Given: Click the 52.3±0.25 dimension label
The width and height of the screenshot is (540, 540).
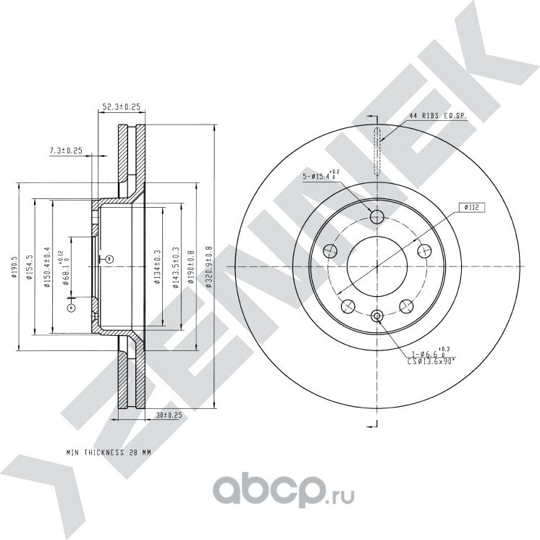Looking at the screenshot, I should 121,107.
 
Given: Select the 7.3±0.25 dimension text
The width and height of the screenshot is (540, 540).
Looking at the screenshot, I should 66,151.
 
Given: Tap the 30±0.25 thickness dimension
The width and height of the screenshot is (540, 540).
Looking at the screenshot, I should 168,415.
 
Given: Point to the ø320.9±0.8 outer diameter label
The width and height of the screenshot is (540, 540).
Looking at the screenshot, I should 210,267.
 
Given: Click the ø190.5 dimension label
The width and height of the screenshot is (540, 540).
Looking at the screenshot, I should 13,266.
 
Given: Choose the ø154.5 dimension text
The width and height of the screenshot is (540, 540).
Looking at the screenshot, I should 30,266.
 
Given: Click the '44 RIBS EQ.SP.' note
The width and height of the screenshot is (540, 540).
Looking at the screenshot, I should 438,116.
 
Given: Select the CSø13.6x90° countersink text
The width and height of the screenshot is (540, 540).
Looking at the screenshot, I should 430,359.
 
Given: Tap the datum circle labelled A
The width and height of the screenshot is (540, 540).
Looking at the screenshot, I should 71,308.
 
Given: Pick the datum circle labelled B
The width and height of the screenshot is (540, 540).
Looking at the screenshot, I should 109,258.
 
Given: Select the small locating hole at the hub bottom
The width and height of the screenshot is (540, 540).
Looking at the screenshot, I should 376,315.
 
